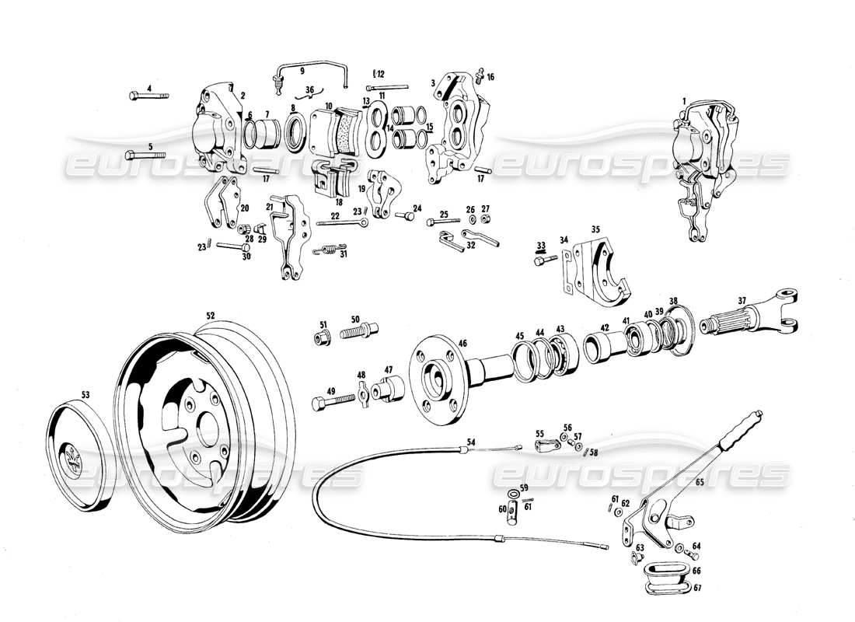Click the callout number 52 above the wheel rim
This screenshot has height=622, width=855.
210,316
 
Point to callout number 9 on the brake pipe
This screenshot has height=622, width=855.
302,71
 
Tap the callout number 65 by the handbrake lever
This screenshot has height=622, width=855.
699,482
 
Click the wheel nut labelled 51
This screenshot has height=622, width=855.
322,337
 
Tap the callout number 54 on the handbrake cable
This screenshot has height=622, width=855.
470,442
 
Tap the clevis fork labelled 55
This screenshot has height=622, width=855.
545,446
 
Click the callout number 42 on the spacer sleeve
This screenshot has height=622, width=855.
604,327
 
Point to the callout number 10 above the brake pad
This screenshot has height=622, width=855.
329,106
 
